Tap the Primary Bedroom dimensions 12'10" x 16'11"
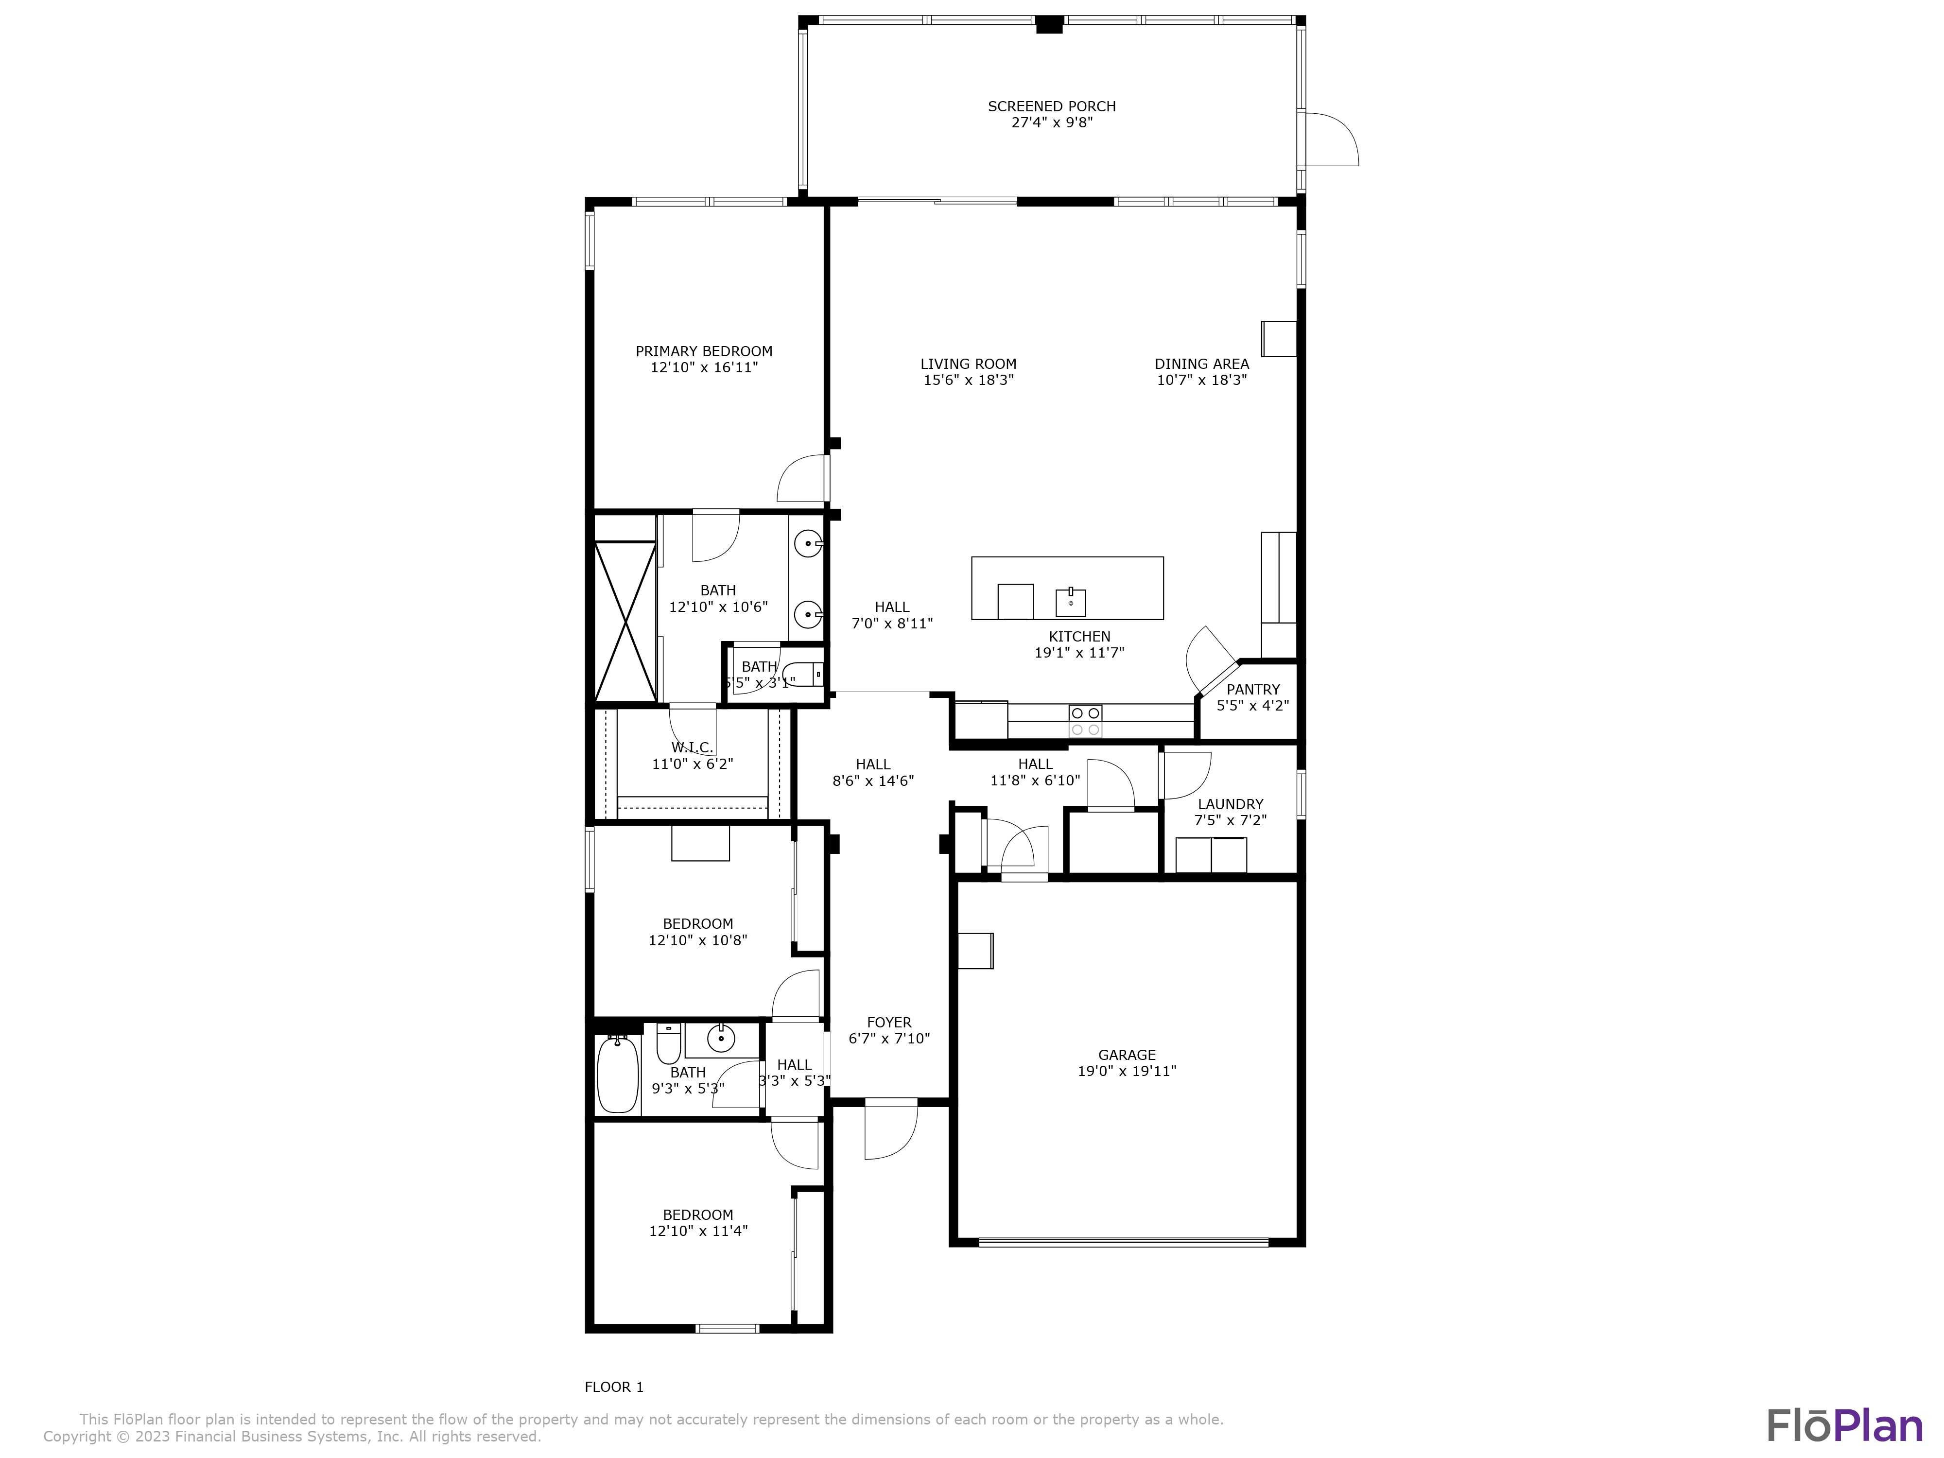[704, 367]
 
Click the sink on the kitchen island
[1071, 603]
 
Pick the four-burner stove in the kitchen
[1085, 721]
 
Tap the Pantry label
[1252, 689]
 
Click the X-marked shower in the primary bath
[625, 621]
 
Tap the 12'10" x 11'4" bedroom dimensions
[698, 1231]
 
